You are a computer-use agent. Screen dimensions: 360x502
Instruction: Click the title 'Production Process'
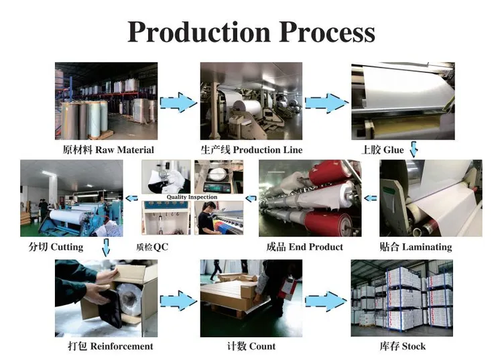pyautogui.click(x=251, y=32)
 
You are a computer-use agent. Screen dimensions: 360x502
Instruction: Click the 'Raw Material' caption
pyautogui.click(x=108, y=149)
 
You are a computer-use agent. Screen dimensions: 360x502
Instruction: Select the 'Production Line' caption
pyautogui.click(x=251, y=149)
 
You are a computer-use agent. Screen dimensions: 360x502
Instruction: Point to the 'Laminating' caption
pyautogui.click(x=416, y=247)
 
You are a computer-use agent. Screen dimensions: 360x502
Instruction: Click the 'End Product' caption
pyautogui.click(x=305, y=247)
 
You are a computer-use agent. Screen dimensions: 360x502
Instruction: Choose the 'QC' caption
pyautogui.click(x=152, y=247)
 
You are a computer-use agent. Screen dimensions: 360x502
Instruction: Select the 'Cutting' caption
pyautogui.click(x=56, y=247)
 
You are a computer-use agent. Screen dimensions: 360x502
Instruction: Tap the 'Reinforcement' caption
pyautogui.click(x=111, y=346)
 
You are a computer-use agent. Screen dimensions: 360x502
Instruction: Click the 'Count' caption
pyautogui.click(x=251, y=346)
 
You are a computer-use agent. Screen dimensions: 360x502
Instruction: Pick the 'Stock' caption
pyautogui.click(x=402, y=346)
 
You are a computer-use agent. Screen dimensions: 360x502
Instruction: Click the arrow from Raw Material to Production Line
pyautogui.click(x=178, y=103)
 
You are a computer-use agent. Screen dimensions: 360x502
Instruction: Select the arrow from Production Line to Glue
pyautogui.click(x=326, y=103)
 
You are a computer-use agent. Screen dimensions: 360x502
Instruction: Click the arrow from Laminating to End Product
pyautogui.click(x=369, y=198)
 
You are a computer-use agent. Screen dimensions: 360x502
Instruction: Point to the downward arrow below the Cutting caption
pyautogui.click(x=105, y=249)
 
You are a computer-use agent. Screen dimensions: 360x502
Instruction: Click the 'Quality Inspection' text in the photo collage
pyautogui.click(x=192, y=197)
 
